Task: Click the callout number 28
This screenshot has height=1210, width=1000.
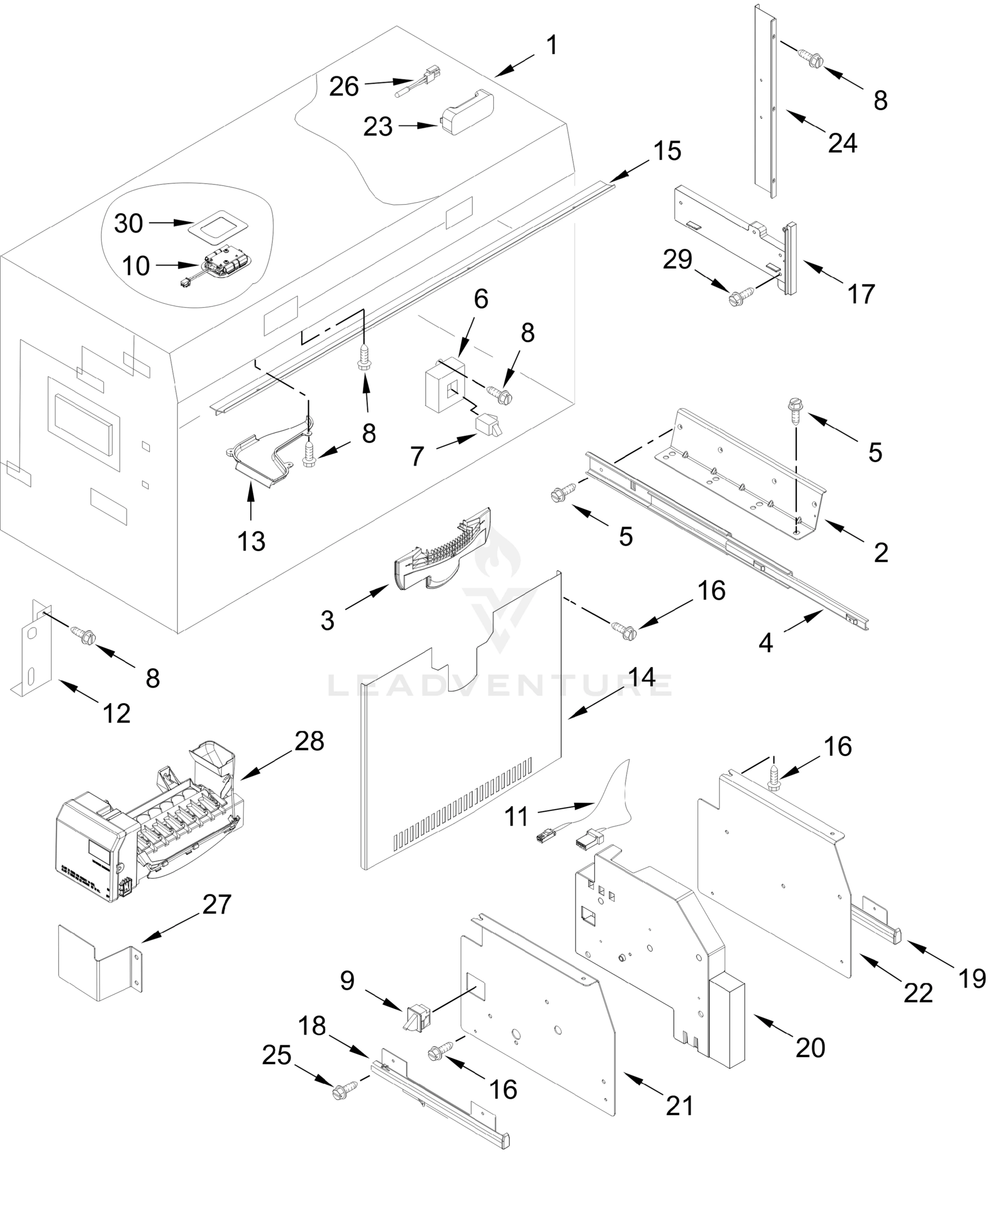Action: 309,741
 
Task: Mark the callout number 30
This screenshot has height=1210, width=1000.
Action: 129,223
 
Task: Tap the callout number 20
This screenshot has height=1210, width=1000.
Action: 810,1047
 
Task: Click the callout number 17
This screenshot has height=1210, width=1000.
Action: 861,294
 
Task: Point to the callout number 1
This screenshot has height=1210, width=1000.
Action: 551,45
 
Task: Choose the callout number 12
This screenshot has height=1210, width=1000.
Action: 116,713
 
